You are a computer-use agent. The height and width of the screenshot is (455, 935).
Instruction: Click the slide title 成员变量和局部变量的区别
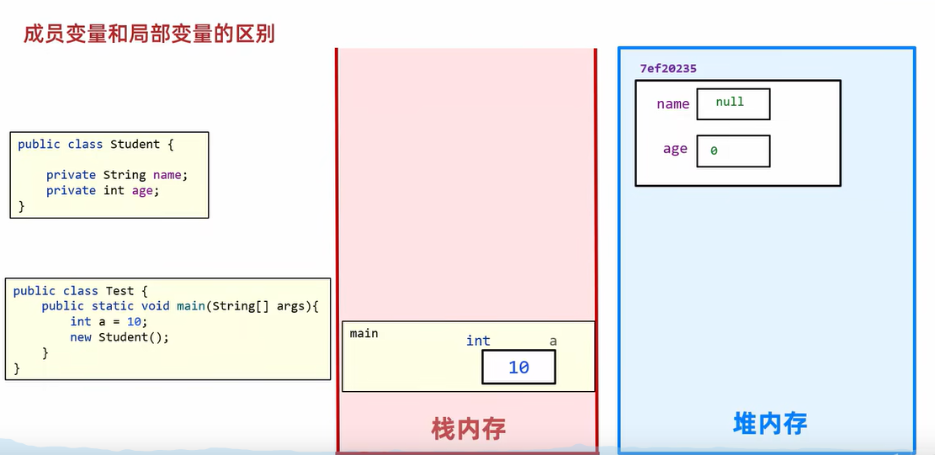coord(149,34)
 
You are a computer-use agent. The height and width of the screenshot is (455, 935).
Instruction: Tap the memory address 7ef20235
coord(667,69)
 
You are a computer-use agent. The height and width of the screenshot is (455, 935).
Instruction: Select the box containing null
coord(732,103)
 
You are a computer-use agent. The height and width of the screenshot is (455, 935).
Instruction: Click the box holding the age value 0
coord(732,151)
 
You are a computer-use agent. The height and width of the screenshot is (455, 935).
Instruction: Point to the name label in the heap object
coord(672,104)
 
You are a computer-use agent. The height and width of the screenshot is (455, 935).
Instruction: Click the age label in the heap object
coord(675,149)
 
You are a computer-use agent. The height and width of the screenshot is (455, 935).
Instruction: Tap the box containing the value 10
coord(518,368)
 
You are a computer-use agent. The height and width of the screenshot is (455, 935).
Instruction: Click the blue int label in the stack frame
coord(478,341)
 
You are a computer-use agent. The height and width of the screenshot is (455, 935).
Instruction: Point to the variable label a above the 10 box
coord(553,341)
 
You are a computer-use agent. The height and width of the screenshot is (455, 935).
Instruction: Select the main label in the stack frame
coord(364,333)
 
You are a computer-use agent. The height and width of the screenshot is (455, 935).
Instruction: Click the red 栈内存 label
coord(468,429)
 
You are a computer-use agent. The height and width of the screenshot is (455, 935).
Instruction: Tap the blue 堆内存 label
coord(770,423)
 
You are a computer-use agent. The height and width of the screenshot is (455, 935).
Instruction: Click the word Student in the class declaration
coord(135,144)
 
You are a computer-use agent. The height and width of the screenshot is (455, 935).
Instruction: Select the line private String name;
coord(117,175)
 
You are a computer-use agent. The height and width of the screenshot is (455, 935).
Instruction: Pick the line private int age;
coord(103,191)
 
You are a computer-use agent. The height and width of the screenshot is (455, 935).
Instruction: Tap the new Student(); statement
coord(120,337)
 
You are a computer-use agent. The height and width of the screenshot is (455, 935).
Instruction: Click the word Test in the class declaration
coord(120,291)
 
